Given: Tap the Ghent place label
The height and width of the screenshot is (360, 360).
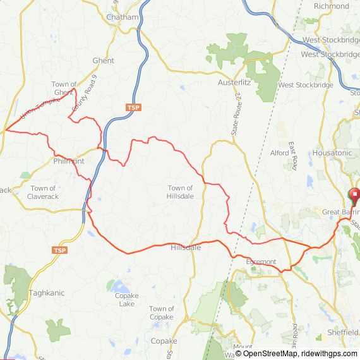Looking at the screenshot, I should (x=104, y=61).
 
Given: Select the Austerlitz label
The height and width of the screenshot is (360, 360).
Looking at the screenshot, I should (x=235, y=83).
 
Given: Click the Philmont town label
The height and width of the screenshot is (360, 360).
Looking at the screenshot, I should (x=69, y=161).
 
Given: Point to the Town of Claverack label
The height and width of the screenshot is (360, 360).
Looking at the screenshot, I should (x=43, y=193).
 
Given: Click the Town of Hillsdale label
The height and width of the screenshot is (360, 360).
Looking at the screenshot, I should (x=181, y=192).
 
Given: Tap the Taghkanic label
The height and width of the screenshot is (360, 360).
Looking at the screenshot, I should (x=46, y=293).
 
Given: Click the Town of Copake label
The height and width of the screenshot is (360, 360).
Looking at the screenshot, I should (x=161, y=313).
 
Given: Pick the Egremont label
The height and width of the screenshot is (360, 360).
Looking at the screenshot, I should (x=261, y=261).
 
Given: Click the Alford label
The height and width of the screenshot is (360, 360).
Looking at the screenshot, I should (x=279, y=153).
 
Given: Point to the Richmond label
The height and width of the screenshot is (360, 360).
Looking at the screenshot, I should (x=331, y=6).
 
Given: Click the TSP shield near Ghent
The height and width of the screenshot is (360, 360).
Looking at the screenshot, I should (x=133, y=107).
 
